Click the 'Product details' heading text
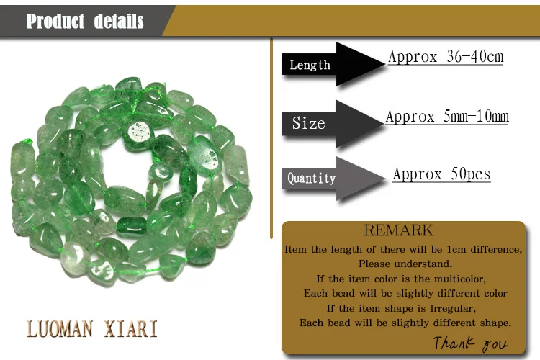(85, 22)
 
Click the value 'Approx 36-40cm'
(446, 56)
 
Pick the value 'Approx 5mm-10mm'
(447, 116)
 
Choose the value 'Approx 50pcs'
(441, 174)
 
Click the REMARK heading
(398, 230)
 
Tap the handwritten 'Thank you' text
(469, 343)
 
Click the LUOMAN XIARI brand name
(92, 328)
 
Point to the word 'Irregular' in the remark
(453, 308)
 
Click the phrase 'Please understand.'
(405, 264)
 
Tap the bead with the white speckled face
(139, 133)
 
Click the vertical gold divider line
(271, 138)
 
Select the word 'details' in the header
(119, 22)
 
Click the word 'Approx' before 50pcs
(418, 174)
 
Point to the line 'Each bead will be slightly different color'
(405, 293)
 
